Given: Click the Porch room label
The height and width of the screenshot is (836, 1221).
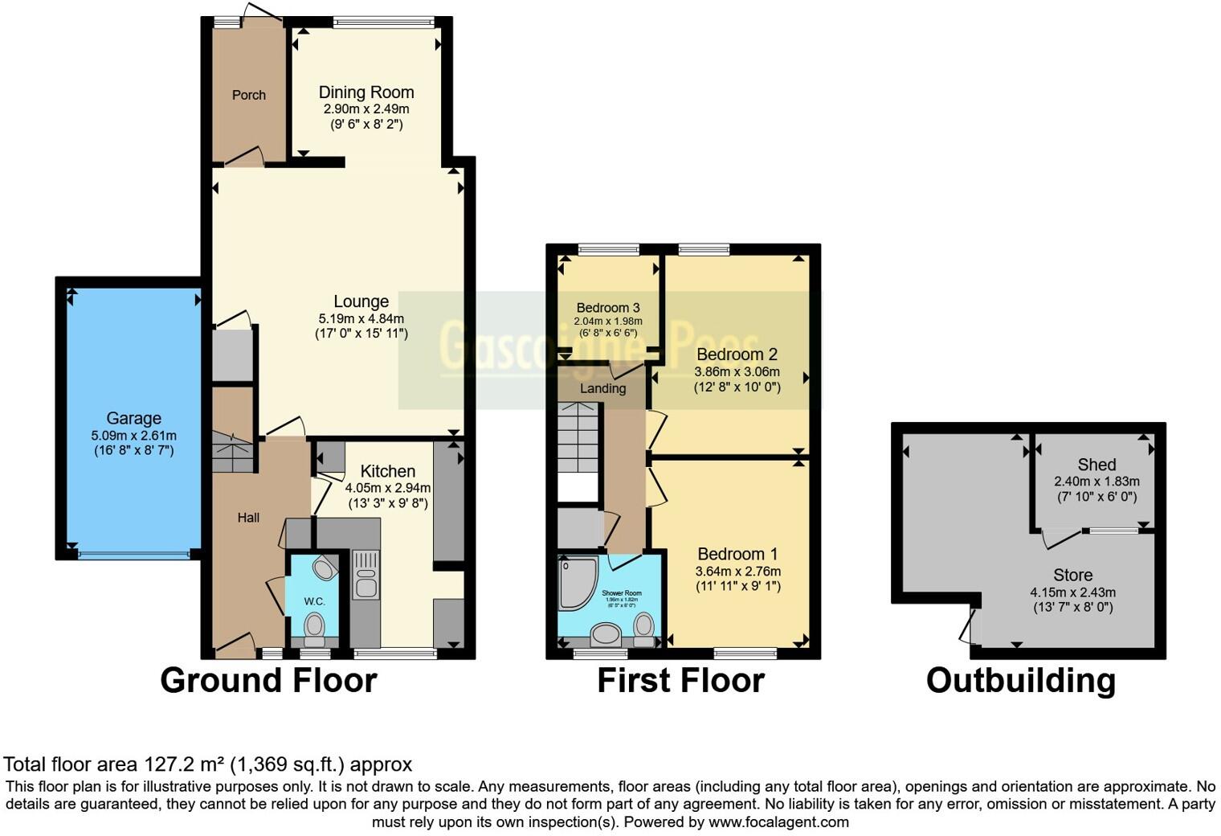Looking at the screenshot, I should click(248, 95).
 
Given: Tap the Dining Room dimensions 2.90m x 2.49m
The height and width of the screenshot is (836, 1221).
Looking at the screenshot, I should click(366, 109).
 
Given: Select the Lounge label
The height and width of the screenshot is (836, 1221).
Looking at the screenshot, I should click(361, 301).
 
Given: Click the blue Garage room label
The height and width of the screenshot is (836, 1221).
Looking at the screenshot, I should click(133, 418).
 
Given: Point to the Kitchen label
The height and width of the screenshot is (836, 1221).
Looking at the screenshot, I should click(387, 471).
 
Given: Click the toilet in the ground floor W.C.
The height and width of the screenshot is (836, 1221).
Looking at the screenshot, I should click(314, 625).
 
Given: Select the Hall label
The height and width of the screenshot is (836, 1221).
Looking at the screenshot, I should click(248, 518).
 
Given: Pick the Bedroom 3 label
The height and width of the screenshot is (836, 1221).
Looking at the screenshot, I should click(608, 308).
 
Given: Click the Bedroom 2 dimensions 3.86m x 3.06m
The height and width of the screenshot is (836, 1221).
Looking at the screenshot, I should click(737, 371).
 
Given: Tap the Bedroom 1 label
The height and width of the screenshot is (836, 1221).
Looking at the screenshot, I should click(737, 554).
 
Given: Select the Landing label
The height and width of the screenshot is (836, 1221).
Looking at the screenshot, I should click(602, 389).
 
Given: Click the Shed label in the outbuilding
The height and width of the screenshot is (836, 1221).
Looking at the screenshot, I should click(1096, 465).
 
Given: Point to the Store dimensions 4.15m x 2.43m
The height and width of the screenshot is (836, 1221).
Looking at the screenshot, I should click(1072, 592).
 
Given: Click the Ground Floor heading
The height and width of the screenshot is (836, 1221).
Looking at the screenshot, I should click(268, 680).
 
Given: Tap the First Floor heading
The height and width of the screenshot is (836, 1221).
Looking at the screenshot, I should click(680, 680).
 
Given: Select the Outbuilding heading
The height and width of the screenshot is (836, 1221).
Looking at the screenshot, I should click(1020, 680).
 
